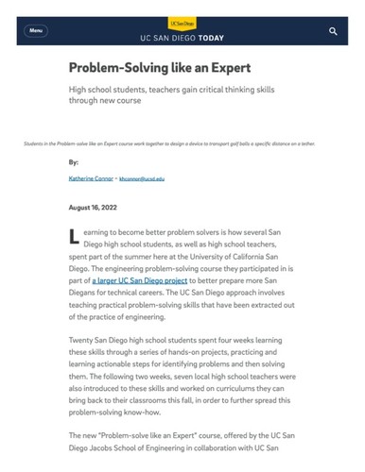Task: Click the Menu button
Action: [x=36, y=31]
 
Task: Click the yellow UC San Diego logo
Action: [x=182, y=22]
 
